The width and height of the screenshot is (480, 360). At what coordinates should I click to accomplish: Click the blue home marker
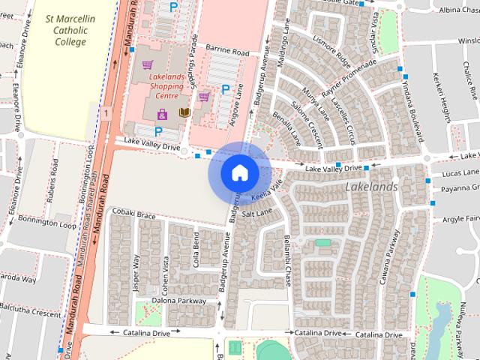239,173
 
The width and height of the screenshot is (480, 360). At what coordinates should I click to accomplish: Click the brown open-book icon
184,113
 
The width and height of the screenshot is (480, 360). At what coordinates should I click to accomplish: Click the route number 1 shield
108,112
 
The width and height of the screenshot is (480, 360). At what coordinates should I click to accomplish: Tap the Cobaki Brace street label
134,216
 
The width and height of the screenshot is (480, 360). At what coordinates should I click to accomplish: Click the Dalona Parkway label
178,301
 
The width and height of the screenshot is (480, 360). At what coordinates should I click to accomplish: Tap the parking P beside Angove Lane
225,89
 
